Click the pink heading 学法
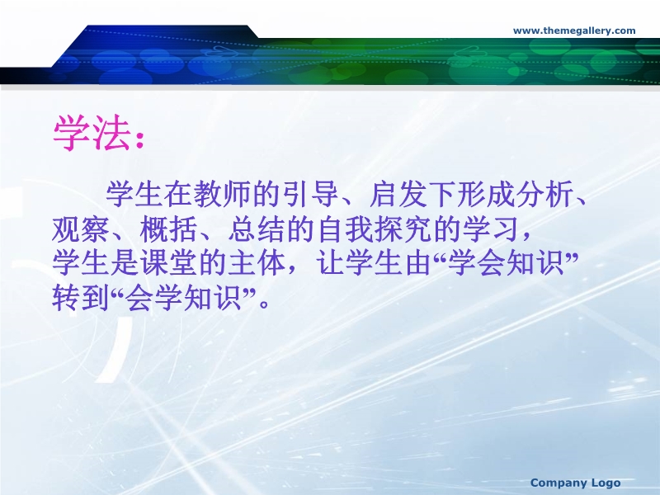coord(92,133)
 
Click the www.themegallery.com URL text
coord(574,31)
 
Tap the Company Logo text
coord(575,483)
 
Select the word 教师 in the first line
coord(223,195)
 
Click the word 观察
coord(80,229)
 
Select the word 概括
coord(168,229)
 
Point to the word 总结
coord(257,229)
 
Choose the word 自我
coord(345,229)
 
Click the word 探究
coord(403,229)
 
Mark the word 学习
coord(490,229)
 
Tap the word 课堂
coord(168,263)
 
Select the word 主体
coord(257,263)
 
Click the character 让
coord(330,263)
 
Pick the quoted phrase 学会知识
coord(506,263)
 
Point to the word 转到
coord(80,298)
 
